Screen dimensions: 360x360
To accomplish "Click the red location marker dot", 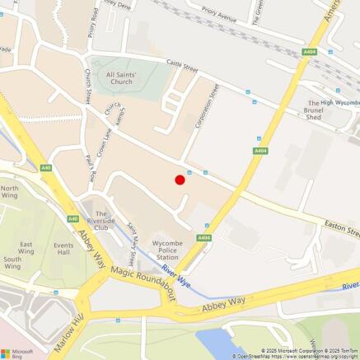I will click(x=180, y=180).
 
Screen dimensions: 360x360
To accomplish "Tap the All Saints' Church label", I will click(x=121, y=78).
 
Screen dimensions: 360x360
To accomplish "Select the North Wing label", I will click(x=10, y=193).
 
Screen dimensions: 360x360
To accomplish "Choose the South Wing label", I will click(x=12, y=263).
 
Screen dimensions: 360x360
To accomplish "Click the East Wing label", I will click(x=27, y=248).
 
